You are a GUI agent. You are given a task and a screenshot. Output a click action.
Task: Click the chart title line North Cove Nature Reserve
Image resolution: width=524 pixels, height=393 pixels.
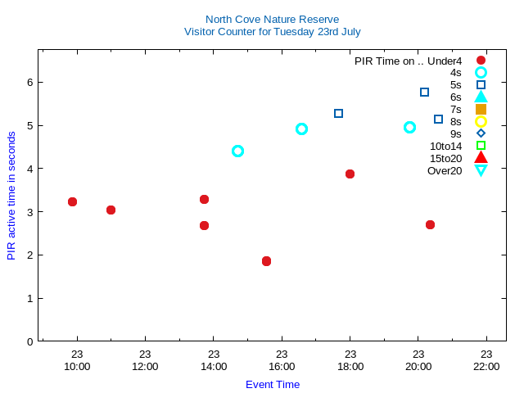point(272,20)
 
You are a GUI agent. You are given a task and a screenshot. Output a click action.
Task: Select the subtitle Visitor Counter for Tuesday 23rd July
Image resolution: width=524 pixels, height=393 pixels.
point(272,32)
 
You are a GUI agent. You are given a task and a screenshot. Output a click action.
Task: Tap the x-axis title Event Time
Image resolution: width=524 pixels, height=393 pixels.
point(273,384)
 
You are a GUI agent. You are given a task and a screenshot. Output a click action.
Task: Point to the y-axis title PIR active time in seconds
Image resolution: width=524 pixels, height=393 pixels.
point(11,195)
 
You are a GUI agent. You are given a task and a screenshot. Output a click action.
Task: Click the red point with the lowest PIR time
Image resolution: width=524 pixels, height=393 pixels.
point(266,261)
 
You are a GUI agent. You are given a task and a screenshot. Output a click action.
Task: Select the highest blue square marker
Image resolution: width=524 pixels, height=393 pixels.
point(424,92)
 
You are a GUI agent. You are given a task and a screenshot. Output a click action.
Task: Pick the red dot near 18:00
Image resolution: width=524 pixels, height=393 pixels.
point(350,174)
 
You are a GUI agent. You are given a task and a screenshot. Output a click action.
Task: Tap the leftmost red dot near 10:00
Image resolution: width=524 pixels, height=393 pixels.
point(72,201)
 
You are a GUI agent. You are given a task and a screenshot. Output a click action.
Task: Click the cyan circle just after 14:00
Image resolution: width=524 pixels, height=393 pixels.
point(237,151)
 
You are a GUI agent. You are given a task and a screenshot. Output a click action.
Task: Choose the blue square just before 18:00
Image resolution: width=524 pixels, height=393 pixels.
point(338,113)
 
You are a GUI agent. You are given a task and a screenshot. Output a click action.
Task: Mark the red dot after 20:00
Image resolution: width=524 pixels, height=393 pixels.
point(430,224)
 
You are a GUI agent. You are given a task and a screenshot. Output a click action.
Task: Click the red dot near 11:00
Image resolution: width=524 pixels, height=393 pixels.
point(111,210)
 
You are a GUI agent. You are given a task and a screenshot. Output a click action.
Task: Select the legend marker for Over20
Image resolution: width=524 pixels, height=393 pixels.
point(481,170)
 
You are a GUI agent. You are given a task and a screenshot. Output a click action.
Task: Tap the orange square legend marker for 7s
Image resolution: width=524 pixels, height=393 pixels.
point(481,109)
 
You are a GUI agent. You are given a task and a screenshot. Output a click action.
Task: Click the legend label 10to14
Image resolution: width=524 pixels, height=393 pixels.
point(445,146)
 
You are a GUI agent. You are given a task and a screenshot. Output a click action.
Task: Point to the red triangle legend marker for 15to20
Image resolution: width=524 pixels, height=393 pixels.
point(481,158)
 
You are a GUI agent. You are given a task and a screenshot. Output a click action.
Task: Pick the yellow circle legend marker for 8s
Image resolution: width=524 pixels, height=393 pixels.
point(481,121)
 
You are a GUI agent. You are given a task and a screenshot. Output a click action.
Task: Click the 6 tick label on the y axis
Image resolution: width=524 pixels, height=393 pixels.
point(29,82)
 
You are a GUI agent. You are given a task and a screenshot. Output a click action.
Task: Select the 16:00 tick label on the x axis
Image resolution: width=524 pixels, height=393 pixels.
point(282,367)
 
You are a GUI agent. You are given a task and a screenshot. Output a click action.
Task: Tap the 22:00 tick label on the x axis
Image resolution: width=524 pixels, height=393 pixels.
point(486,367)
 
